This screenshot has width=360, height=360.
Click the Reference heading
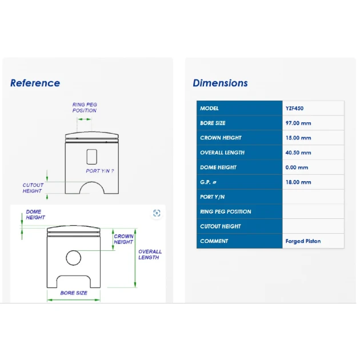pyautogui.click(x=35, y=83)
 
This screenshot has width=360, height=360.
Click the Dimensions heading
pyautogui.click(x=220, y=83)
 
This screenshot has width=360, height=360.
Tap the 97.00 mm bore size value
pyautogui.click(x=298, y=123)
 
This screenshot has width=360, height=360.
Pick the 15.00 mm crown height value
pyautogui.click(x=298, y=138)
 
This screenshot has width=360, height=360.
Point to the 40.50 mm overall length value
pyautogui.click(x=298, y=153)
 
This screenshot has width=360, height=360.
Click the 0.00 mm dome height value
pyautogui.click(x=297, y=167)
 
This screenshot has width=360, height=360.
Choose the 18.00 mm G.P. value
pyautogui.click(x=298, y=182)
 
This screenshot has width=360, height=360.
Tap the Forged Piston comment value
pyautogui.click(x=303, y=241)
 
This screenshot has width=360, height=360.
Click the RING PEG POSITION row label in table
pyautogui.click(x=226, y=211)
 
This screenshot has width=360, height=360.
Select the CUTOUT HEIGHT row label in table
pyautogui.click(x=221, y=226)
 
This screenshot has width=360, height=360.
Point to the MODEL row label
pyautogui.click(x=209, y=108)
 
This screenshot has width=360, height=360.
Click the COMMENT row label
pyautogui.click(x=214, y=241)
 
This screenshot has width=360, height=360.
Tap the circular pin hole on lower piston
pyautogui.click(x=74, y=250)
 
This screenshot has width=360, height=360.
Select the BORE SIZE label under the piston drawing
pyautogui.click(x=74, y=293)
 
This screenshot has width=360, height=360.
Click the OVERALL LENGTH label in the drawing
pyautogui.click(x=150, y=254)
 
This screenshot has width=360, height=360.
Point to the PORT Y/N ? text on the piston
pyautogui.click(x=100, y=171)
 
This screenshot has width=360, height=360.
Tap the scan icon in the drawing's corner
pyautogui.click(x=157, y=213)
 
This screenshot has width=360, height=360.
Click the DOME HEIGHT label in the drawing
pyautogui.click(x=35, y=214)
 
